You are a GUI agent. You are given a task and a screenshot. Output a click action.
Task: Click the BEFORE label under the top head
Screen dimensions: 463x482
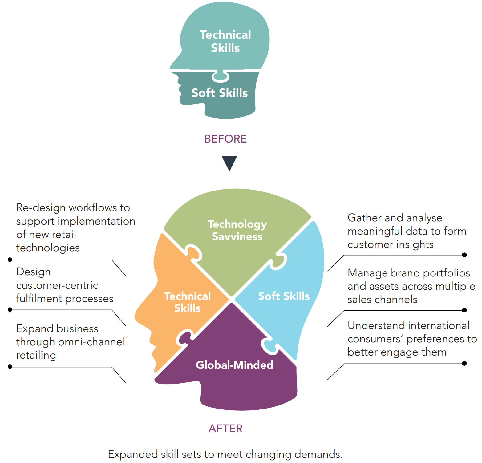click(x=225, y=139)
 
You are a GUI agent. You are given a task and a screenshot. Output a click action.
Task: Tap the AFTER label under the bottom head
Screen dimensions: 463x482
click(x=225, y=428)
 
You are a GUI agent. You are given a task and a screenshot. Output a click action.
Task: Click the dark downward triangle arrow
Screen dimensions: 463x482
click(x=229, y=163)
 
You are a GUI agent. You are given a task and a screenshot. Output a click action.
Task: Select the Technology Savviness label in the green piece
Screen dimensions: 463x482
click(x=237, y=230)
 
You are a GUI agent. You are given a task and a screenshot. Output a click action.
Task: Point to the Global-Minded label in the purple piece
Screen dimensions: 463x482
click(x=234, y=365)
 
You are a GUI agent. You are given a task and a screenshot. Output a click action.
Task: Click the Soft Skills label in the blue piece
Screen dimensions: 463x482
click(x=284, y=296)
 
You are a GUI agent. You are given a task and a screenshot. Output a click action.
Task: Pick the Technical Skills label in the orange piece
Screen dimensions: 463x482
click(x=188, y=302)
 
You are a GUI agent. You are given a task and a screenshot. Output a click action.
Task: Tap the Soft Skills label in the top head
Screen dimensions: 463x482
click(x=219, y=93)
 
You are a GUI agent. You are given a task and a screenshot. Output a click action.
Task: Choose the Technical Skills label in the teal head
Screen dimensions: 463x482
click(x=225, y=41)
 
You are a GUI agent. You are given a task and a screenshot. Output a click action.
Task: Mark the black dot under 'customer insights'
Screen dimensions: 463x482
click(x=464, y=255)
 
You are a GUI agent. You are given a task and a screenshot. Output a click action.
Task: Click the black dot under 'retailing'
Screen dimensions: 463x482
click(x=10, y=367)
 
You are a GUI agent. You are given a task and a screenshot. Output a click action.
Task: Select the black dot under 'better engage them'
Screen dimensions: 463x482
click(x=464, y=364)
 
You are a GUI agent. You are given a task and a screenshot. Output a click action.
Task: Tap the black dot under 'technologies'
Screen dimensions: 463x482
click(x=10, y=260)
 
